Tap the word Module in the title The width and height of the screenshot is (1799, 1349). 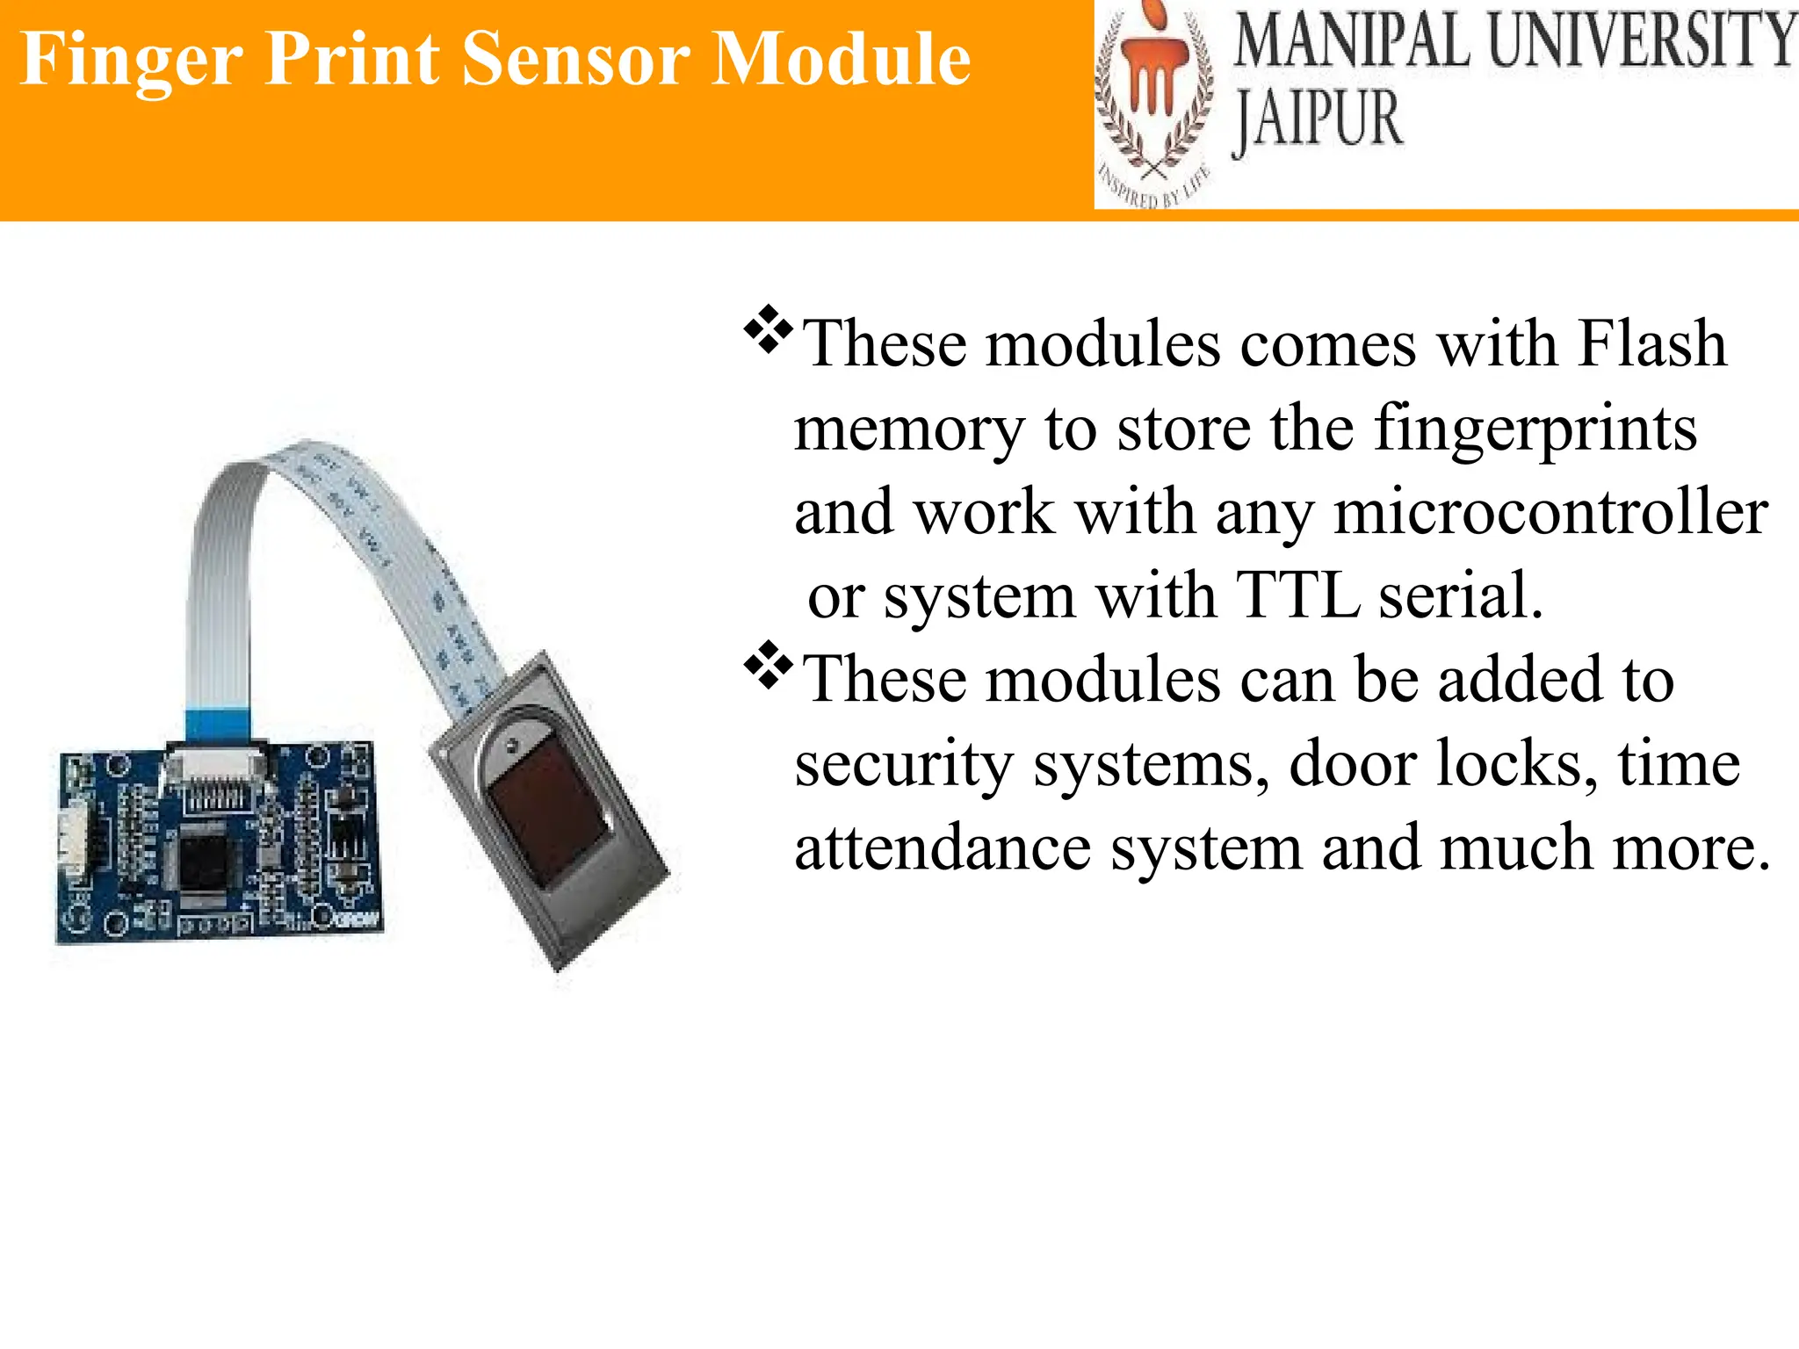841,60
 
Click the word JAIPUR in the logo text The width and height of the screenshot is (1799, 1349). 1317,121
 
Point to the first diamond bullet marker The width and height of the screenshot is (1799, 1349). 769,329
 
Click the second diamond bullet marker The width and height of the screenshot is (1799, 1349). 769,666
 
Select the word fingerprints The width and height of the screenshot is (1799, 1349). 1535,429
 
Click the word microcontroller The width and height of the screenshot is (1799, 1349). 1550,513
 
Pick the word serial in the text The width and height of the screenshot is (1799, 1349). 1459,596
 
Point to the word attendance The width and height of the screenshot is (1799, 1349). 943,848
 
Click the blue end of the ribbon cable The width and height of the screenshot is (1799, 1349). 218,725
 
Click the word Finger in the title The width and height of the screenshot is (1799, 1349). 132,60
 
